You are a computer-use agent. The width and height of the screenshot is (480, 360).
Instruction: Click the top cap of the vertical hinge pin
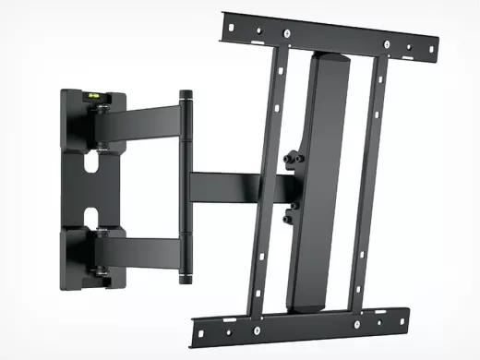click(x=186, y=94)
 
